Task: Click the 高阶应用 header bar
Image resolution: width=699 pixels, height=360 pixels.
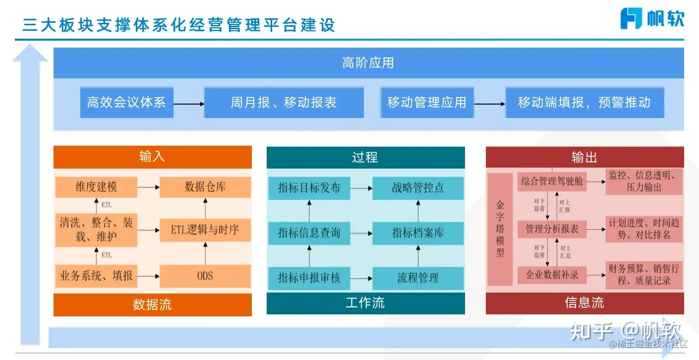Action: coord(368,63)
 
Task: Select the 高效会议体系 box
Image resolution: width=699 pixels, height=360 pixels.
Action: coord(126,103)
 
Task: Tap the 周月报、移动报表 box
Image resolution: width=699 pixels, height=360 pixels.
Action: coord(284,103)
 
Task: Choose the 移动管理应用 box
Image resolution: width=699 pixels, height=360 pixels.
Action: coord(426,103)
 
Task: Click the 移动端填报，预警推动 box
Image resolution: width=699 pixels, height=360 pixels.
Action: coord(584,103)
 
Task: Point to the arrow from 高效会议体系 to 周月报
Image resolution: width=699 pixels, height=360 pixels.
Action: coord(189,104)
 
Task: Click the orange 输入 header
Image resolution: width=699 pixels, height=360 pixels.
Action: coord(152,157)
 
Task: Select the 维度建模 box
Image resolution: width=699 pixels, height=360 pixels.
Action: coord(96,187)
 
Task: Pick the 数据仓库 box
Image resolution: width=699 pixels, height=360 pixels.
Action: coord(205,187)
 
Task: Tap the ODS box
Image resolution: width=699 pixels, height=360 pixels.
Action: coord(205,276)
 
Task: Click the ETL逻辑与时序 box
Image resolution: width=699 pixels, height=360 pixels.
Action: coord(205,230)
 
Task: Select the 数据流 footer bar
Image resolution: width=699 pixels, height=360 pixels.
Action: coord(152,304)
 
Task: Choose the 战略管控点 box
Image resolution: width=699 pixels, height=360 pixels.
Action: coord(418,188)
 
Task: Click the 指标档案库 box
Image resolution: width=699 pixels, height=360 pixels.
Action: coord(418,232)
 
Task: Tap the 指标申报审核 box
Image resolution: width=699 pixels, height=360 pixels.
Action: coord(309,278)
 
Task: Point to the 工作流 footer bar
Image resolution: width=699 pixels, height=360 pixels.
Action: coord(365,303)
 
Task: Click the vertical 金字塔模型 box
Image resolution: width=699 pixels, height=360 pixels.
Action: coord(500,229)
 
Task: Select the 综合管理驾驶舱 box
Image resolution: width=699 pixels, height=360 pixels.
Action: coord(552,182)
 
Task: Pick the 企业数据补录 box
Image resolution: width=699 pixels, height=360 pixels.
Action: coord(552,274)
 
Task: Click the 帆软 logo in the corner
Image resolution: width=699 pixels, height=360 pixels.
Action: coord(652,18)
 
